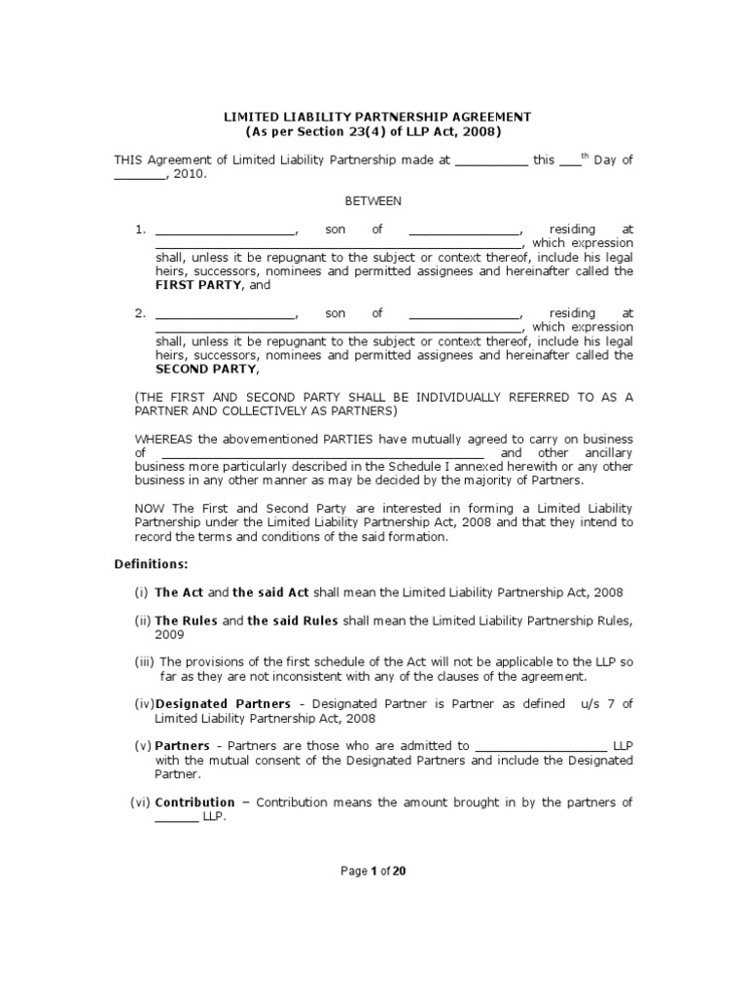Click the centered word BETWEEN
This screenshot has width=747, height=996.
point(373,201)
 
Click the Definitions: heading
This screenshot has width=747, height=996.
point(151,564)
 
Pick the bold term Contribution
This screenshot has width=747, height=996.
point(196,802)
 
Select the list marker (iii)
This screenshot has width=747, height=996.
point(145,661)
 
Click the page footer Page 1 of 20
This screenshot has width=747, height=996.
point(373,871)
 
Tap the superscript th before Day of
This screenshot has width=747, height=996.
point(586,156)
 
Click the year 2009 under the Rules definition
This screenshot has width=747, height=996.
point(169,634)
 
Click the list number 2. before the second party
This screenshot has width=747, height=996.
point(140,313)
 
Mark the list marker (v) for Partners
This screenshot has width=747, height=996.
point(143,746)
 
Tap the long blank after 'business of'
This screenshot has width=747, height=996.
point(322,454)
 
